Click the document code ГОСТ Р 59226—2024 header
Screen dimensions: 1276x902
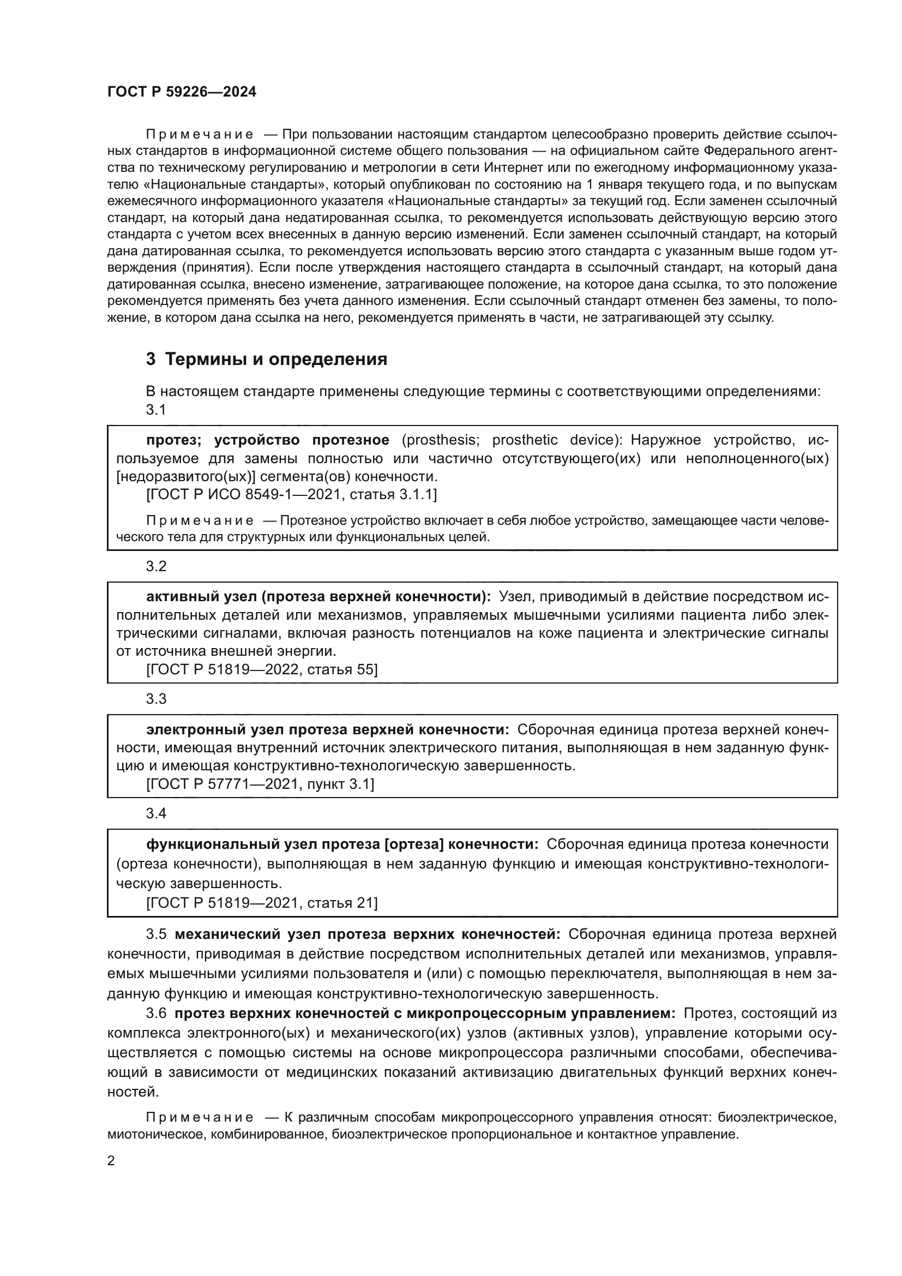182,92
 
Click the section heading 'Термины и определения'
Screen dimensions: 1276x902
276,360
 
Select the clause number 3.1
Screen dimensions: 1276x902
156,410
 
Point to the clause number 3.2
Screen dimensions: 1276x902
156,566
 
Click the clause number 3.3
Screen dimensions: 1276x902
156,699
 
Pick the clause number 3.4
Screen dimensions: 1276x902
156,813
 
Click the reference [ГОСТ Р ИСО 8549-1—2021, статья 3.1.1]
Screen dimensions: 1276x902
292,494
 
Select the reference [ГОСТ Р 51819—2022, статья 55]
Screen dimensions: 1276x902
262,670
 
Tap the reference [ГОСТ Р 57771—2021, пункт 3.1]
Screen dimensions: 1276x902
260,784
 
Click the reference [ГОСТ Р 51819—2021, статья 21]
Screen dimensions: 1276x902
262,903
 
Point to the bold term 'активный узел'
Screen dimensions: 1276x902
201,597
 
